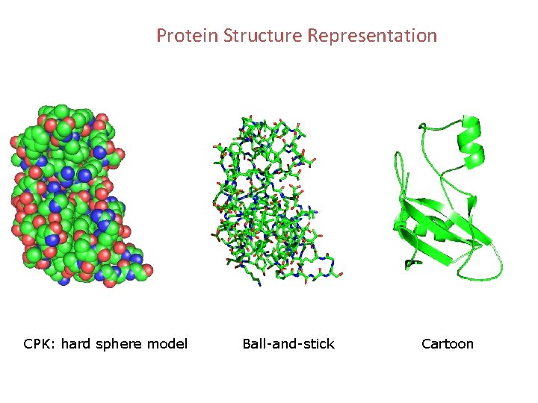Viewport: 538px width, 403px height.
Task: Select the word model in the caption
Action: click(x=167, y=344)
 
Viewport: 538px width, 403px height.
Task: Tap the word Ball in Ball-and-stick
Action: click(x=254, y=344)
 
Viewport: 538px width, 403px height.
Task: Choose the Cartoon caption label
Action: click(x=448, y=344)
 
